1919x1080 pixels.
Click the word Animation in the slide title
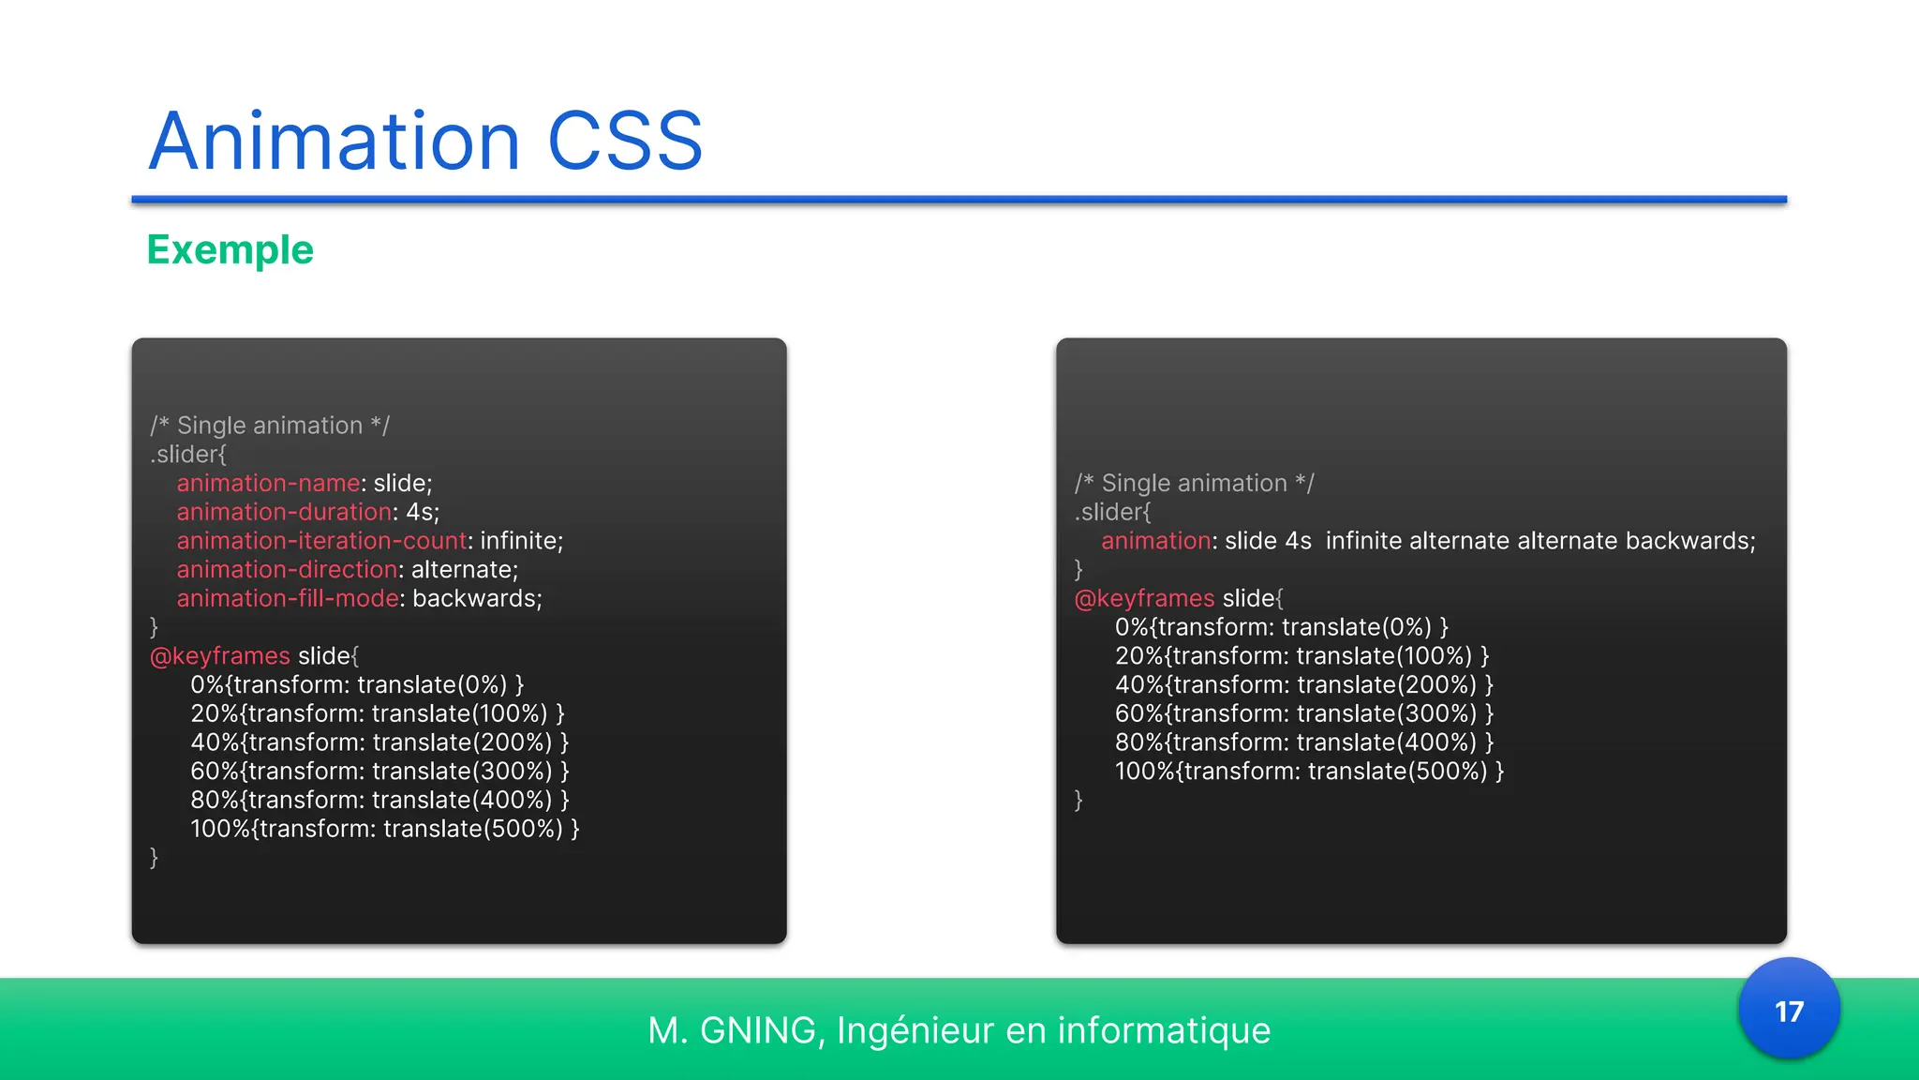click(334, 142)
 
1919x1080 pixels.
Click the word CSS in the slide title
click(624, 142)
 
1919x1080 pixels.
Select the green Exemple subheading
click(230, 250)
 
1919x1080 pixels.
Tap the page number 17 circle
click(1789, 1011)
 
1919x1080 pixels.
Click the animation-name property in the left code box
click(268, 483)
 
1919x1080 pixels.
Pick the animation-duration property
click(284, 512)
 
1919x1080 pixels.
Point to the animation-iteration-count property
click(321, 541)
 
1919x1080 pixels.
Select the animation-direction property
click(287, 570)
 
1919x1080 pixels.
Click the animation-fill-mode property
click(288, 598)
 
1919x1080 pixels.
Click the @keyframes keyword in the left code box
click(220, 655)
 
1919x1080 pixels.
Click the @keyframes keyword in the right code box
click(1144, 598)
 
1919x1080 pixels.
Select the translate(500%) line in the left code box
click(384, 829)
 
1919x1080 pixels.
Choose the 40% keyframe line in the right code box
click(1303, 684)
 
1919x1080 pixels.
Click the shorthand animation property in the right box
click(1155, 541)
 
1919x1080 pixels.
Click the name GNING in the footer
click(757, 1030)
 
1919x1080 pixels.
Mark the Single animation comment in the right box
click(1194, 483)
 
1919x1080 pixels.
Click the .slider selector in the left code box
click(187, 455)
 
